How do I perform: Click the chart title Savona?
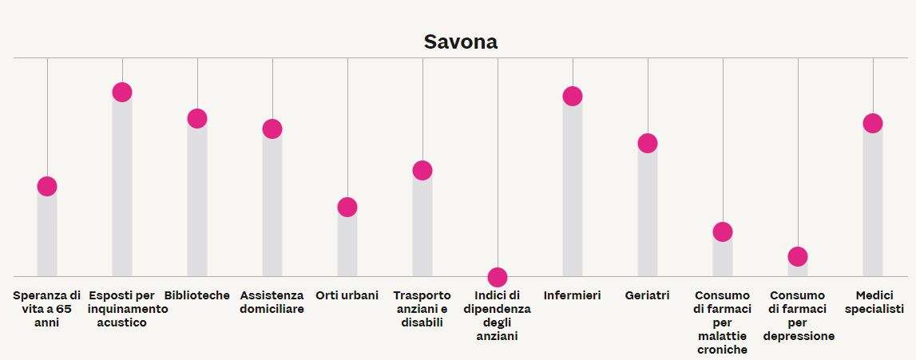[x=460, y=42]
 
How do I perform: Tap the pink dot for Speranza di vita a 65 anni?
[x=47, y=187]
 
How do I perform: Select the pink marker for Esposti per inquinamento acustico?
[x=121, y=92]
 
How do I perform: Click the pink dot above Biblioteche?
[x=196, y=118]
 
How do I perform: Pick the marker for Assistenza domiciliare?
[x=272, y=129]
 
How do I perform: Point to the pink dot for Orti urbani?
[x=347, y=207]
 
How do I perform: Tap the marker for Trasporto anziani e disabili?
[x=422, y=170]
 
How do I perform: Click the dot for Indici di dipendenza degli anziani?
[x=498, y=277]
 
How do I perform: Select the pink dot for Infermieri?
[x=573, y=96]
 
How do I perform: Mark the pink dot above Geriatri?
[x=648, y=143]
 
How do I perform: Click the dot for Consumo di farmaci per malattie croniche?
[x=723, y=231]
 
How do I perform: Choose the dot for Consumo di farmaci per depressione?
[x=798, y=256]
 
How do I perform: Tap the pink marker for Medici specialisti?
[x=873, y=123]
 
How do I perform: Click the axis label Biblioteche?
[x=196, y=295]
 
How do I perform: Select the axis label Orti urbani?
[x=347, y=295]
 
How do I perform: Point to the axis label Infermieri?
[x=573, y=295]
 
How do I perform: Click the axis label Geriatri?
[x=648, y=295]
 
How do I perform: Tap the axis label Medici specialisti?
[x=874, y=302]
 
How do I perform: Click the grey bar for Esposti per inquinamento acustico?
[x=121, y=192]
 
